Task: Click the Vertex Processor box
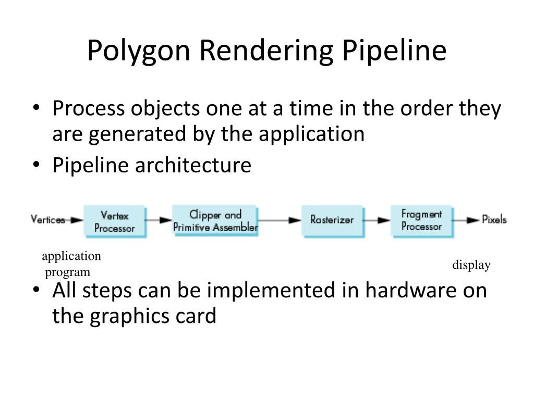[115, 221]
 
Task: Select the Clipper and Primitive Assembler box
[215, 221]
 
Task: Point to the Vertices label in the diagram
[48, 220]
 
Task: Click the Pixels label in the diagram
[494, 220]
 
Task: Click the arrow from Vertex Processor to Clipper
[159, 220]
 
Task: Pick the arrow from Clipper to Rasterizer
[280, 220]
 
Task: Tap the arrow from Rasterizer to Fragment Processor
[377, 220]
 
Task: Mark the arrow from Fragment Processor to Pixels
[466, 220]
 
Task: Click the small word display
[471, 266]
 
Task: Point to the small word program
[67, 272]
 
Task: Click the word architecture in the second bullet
[193, 166]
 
